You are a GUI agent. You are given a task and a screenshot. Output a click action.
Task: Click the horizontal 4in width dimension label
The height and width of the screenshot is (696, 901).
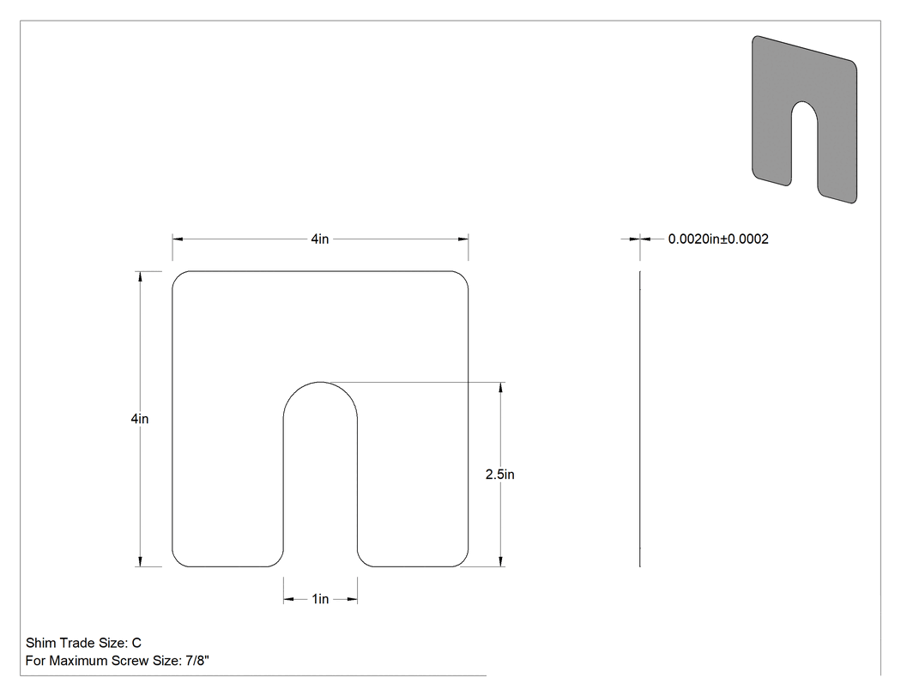coord(319,239)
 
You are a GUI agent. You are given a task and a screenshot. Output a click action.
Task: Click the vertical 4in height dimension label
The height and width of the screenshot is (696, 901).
coord(140,419)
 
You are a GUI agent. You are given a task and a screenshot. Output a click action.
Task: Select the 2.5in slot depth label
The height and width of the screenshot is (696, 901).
coord(500,475)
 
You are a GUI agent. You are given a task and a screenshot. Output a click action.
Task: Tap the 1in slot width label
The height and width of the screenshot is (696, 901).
coord(320,599)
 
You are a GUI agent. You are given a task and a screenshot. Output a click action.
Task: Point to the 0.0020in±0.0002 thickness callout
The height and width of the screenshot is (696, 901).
coord(718,239)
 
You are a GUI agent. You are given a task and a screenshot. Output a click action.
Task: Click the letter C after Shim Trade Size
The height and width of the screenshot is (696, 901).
coord(136,643)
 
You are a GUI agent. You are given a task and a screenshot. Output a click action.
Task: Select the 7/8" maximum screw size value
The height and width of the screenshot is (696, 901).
coord(197,661)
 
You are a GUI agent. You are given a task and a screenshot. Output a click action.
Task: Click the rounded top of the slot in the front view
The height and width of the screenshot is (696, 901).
coord(320,382)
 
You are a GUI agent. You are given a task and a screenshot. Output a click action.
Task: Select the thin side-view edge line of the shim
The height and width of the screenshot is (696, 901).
coord(640,419)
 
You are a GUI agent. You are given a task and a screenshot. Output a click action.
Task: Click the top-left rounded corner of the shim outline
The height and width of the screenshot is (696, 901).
coord(178,276)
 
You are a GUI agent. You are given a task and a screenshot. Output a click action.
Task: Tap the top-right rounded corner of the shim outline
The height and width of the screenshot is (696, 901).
coord(463,276)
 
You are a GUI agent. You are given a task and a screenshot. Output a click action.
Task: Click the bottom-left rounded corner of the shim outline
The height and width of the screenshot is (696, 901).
coord(178,561)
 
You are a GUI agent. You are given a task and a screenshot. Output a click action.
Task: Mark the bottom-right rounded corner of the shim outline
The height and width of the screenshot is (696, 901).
coord(463,561)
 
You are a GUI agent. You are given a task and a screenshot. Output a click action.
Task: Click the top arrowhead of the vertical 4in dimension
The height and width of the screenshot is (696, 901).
coord(140,275)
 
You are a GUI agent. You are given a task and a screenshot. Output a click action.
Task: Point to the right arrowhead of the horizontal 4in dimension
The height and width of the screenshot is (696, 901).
coord(463,239)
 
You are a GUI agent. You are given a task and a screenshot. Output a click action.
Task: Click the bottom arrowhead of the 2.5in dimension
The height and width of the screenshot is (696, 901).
coord(501,561)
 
